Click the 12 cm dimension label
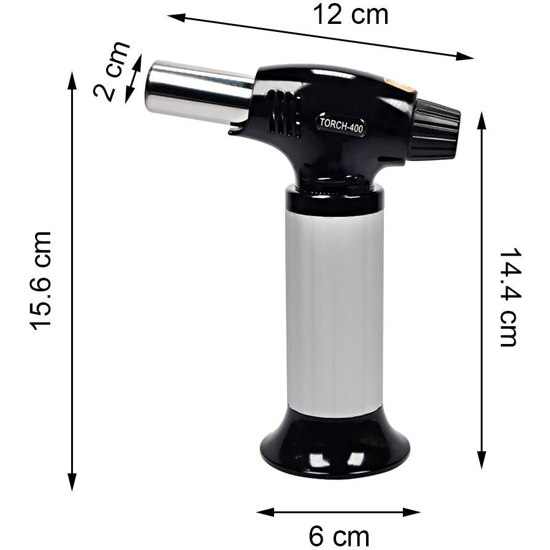[350, 15]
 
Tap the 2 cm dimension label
[111, 71]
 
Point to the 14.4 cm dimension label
[508, 297]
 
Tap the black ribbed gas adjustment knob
[435, 130]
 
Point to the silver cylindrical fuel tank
[334, 312]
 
